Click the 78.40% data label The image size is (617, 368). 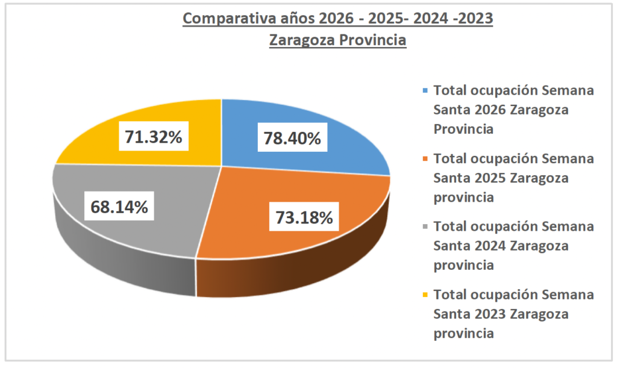292,139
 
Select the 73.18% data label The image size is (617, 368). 304,217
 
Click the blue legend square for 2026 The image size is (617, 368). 425,91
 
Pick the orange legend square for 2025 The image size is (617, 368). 425,159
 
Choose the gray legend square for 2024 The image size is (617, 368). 425,227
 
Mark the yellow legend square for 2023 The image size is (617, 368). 425,295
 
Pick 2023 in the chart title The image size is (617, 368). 476,19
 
